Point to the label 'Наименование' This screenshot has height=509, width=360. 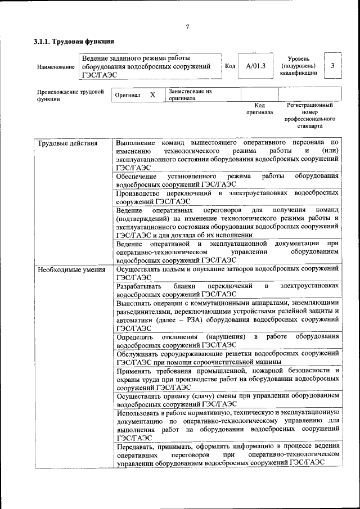[x=55, y=67]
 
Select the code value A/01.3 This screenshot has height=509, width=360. [x=255, y=66]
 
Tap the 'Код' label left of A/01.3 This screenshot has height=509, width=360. [x=229, y=66]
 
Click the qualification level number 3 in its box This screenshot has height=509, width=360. [x=332, y=66]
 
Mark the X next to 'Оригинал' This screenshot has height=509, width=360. [x=152, y=95]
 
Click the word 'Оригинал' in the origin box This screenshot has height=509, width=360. [x=127, y=96]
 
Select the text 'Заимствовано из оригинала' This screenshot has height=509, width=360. [x=190, y=94]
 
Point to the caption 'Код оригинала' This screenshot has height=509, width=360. [x=259, y=109]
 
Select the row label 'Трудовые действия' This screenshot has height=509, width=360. [x=67, y=143]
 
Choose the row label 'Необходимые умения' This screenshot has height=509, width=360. [x=71, y=269]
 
